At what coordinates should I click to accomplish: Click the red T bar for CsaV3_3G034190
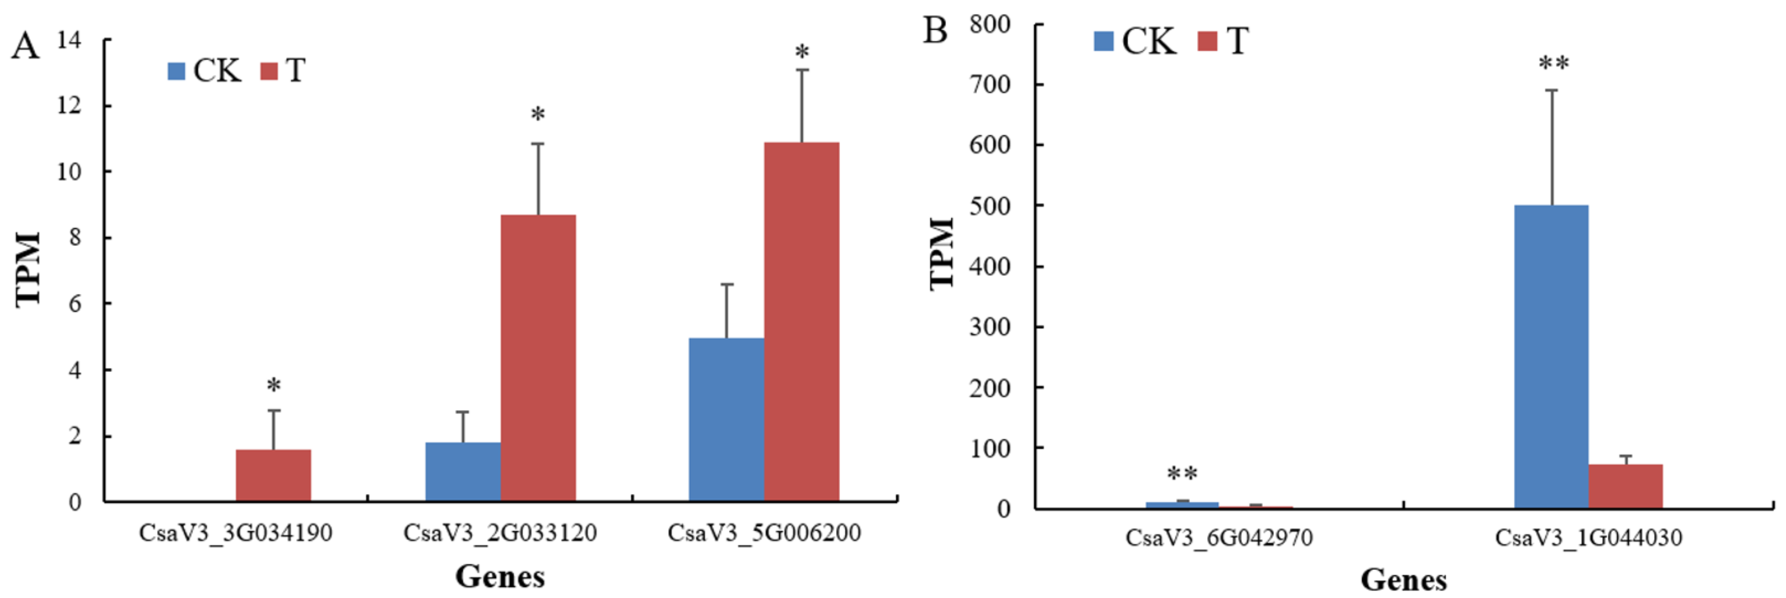[x=273, y=475]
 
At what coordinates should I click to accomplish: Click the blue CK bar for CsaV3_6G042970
[x=1182, y=505]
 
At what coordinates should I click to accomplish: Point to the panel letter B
[x=935, y=31]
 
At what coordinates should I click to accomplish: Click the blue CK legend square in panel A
[x=177, y=71]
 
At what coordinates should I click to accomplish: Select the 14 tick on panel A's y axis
[x=69, y=40]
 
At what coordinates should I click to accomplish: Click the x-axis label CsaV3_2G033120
[x=500, y=533]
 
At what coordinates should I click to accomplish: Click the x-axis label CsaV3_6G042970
[x=1219, y=538]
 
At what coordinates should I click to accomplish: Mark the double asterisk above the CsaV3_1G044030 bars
[x=1554, y=64]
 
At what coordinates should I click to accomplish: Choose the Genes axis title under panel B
[x=1403, y=579]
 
